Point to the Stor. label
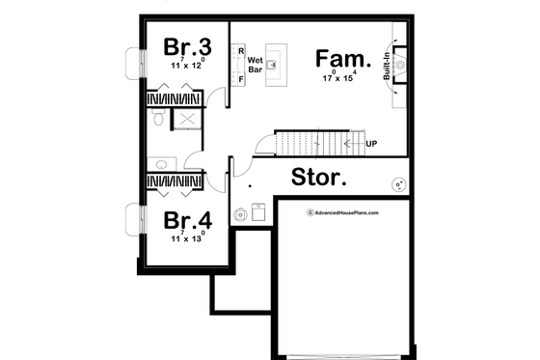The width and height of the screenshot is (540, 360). tap(319, 179)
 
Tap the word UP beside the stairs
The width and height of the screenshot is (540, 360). tap(370, 144)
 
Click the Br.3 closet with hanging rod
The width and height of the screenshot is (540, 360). tap(174, 97)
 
